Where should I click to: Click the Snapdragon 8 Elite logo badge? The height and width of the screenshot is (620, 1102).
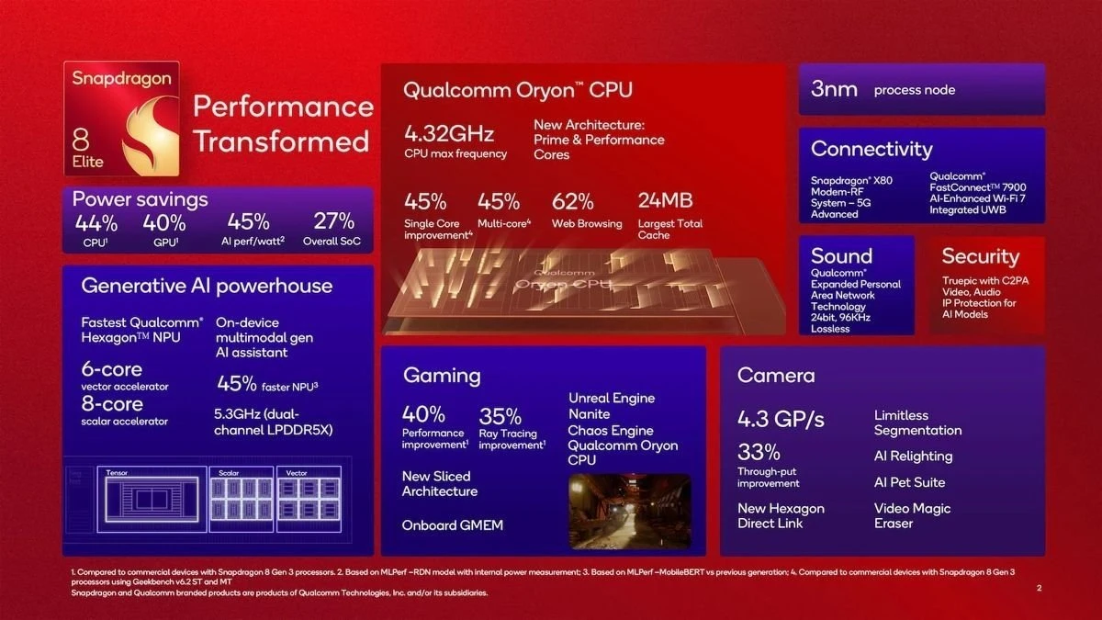pos(121,119)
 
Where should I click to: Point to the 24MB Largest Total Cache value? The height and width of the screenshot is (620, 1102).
pos(665,201)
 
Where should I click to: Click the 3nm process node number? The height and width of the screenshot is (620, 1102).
pos(834,89)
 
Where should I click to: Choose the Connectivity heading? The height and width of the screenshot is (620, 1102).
pos(871,149)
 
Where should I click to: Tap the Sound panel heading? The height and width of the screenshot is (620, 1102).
pos(841,256)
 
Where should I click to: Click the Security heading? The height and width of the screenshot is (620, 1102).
pos(980,256)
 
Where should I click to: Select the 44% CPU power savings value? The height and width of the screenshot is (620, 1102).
pos(96,222)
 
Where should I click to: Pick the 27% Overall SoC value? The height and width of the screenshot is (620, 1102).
pos(332,222)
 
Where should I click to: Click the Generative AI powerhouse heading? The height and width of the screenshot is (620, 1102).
pos(207,286)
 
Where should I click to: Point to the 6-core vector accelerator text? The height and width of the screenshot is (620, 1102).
pos(111,369)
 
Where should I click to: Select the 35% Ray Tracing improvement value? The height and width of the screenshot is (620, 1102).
pos(500,415)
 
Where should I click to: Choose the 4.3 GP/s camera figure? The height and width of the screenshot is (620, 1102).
pos(781,420)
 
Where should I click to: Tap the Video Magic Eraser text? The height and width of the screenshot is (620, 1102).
pos(912,515)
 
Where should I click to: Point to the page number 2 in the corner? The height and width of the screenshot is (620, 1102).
pos(1038,588)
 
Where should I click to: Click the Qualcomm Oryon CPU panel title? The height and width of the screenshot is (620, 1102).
pos(518,90)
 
